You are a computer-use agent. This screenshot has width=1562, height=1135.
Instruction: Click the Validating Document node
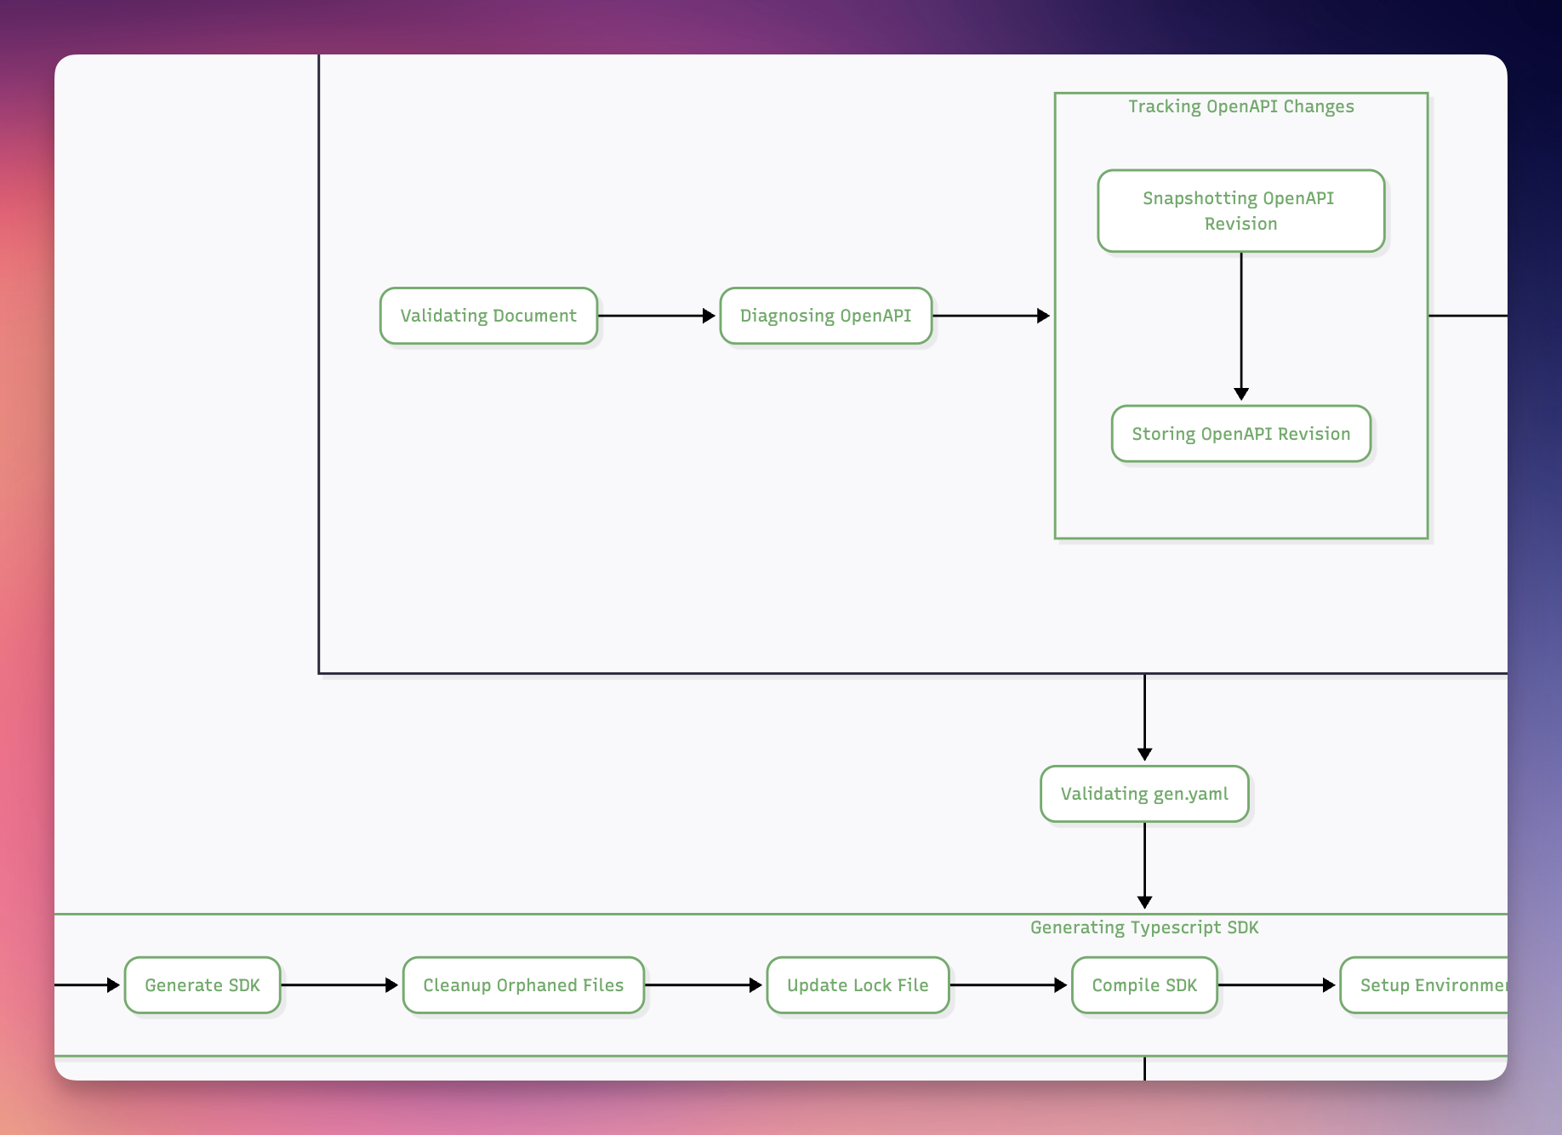pyautogui.click(x=488, y=316)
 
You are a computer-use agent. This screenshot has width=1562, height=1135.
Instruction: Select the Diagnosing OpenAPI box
pyautogui.click(x=825, y=316)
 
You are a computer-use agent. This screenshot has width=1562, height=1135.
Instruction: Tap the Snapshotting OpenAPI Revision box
pyautogui.click(x=1240, y=210)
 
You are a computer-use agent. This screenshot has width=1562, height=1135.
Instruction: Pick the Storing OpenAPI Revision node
pyautogui.click(x=1240, y=434)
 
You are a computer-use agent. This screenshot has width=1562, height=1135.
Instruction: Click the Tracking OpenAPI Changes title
pyautogui.click(x=1240, y=106)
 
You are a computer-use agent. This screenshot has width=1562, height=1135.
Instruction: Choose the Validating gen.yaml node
pyautogui.click(x=1144, y=794)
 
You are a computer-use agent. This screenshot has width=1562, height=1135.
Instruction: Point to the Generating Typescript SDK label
pyautogui.click(x=1144, y=927)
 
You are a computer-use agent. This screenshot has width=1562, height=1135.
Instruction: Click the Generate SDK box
pyautogui.click(x=202, y=985)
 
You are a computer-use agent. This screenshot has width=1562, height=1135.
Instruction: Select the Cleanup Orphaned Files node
pyautogui.click(x=523, y=985)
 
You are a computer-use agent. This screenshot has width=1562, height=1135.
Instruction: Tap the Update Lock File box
pyautogui.click(x=858, y=985)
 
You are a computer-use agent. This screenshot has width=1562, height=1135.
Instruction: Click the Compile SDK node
pyautogui.click(x=1144, y=985)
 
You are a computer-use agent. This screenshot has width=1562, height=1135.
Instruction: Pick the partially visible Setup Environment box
pyautogui.click(x=1429, y=985)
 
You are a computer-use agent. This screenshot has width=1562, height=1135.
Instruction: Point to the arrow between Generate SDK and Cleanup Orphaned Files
pyautogui.click(x=340, y=985)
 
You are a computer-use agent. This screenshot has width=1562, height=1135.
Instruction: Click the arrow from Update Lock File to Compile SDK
pyautogui.click(x=1009, y=985)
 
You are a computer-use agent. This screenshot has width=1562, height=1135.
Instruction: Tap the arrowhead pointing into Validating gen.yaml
pyautogui.click(x=1145, y=754)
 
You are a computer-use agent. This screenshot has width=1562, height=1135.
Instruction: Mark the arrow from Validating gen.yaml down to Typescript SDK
pyautogui.click(x=1145, y=864)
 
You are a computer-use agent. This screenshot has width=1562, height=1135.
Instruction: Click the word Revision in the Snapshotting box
pyautogui.click(x=1240, y=224)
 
